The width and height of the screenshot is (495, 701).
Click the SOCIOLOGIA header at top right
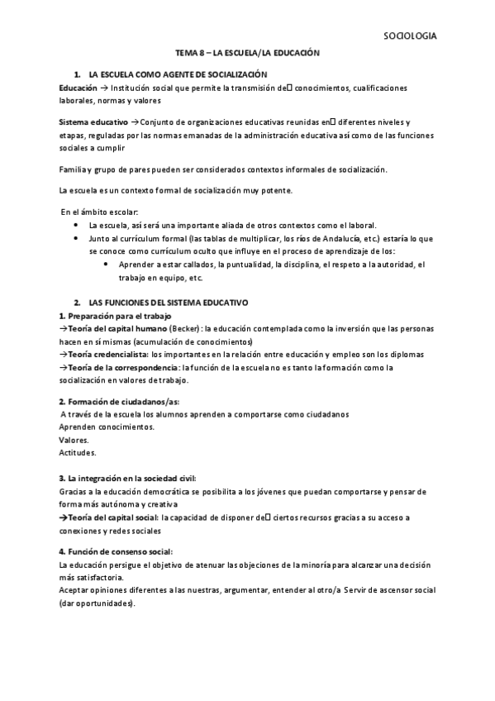tap(410, 36)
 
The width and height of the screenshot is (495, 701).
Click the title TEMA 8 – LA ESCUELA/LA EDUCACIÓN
tap(247, 52)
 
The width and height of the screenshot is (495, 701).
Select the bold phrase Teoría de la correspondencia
tap(122, 367)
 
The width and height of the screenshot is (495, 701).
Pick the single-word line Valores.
tap(74, 440)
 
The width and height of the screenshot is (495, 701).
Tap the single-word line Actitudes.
tap(78, 453)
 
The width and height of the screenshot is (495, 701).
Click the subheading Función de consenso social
tap(116, 551)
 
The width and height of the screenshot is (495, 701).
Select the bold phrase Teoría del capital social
tap(112, 517)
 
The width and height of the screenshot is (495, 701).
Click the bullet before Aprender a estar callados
tap(108, 264)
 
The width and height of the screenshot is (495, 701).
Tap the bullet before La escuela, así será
tap(76, 225)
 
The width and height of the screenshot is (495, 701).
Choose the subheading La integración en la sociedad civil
tap(128, 478)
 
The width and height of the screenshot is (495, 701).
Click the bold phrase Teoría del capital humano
tap(112, 329)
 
